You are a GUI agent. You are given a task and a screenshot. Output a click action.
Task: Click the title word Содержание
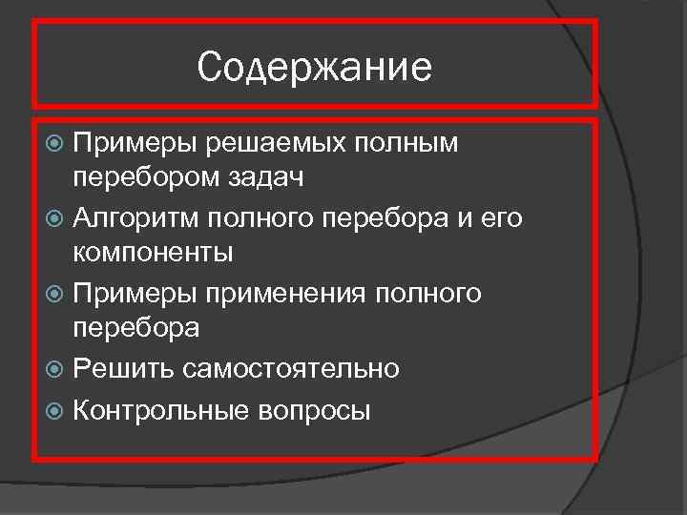tap(314, 67)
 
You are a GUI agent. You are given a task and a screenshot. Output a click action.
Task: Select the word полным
tap(409, 144)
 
